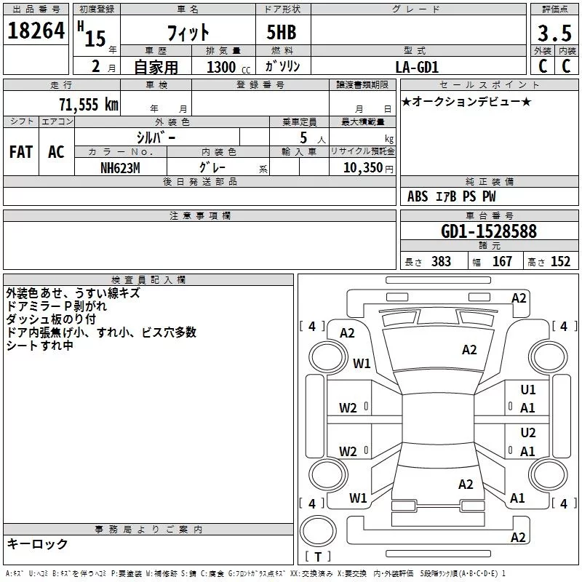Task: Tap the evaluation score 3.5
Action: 552,33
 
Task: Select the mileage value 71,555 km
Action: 88,104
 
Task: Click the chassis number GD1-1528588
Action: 489,231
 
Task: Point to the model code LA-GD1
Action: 417,67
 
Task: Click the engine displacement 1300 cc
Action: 222,67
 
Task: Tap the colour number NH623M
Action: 121,167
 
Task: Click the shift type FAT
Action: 21,152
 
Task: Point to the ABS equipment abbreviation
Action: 418,196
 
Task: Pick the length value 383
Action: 441,262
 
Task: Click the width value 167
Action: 502,262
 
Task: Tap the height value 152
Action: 560,262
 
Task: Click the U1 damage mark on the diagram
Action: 528,390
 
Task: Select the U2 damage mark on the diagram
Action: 528,433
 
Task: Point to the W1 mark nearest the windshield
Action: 362,363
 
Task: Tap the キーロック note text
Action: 38,543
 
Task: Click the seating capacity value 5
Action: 303,137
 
